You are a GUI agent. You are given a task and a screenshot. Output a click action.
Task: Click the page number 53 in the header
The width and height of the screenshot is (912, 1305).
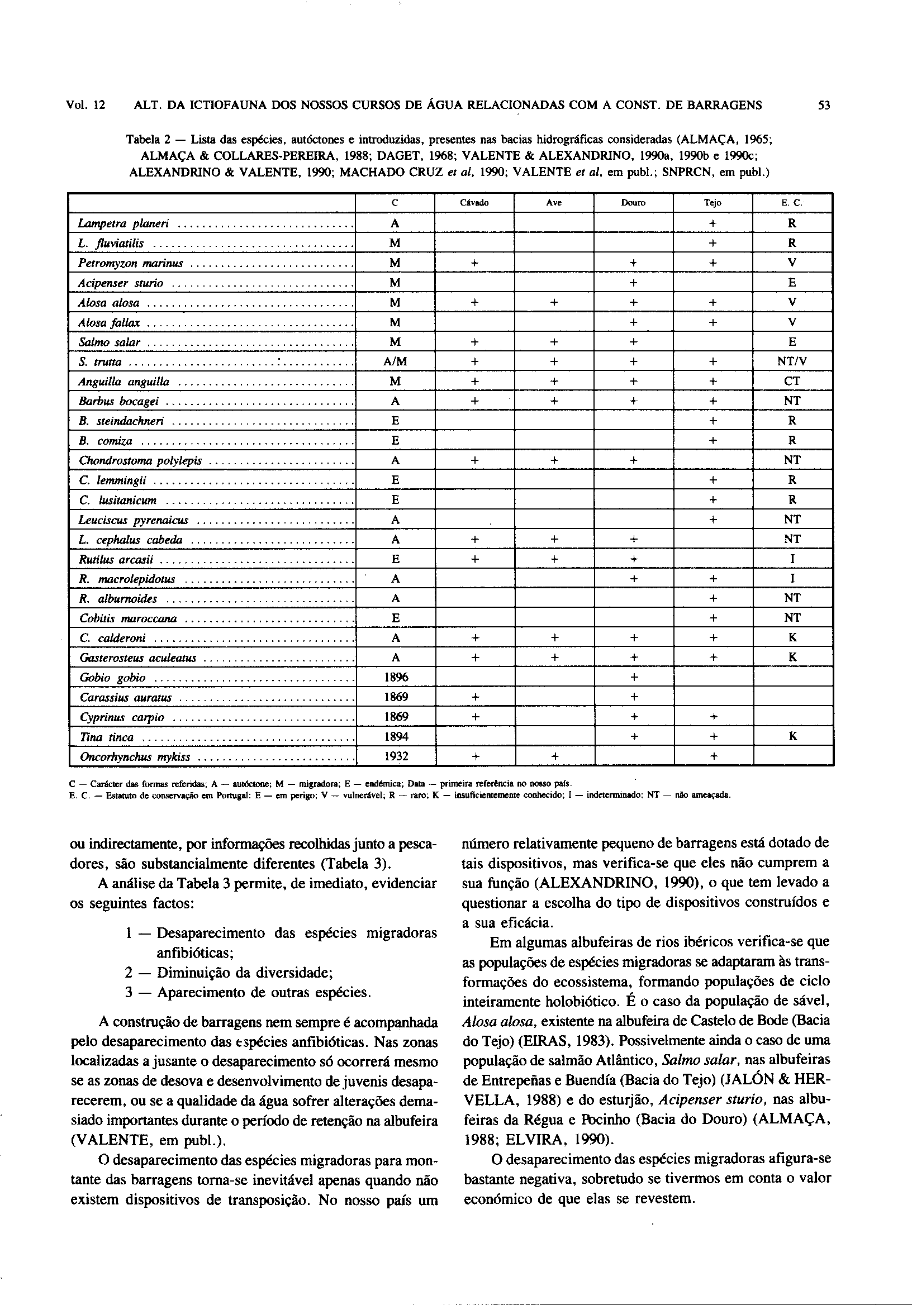click(824, 105)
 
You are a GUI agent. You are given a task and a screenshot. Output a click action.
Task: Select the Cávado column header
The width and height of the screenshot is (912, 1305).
click(474, 203)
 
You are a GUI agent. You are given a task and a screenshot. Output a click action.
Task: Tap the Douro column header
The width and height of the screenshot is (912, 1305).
click(633, 203)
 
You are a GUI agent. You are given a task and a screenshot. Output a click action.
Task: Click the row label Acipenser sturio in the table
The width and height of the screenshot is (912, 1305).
click(121, 283)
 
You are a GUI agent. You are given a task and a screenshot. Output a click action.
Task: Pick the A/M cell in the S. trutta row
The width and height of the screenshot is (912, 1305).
click(395, 362)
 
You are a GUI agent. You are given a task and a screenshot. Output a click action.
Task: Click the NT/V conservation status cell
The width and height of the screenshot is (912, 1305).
click(792, 362)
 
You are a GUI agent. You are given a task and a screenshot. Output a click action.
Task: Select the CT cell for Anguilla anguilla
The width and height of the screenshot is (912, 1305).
click(792, 382)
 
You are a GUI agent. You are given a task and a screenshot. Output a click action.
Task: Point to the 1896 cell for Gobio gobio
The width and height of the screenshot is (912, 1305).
click(395, 678)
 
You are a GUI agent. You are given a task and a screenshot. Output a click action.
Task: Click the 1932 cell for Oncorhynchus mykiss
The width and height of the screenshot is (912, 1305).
click(395, 756)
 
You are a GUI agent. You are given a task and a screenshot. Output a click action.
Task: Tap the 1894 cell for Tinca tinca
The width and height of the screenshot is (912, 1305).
click(395, 737)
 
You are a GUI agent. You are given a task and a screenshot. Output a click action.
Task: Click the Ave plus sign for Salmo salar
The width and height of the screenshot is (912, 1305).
click(554, 342)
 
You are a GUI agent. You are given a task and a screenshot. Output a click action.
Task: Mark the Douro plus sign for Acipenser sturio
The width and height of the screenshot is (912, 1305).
click(633, 283)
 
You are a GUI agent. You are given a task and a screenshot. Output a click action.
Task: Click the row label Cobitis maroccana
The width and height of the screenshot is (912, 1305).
click(128, 618)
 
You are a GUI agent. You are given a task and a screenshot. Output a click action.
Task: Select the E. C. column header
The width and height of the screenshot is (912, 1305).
click(792, 203)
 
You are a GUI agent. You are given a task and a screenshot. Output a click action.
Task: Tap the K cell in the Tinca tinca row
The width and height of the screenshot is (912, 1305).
click(792, 737)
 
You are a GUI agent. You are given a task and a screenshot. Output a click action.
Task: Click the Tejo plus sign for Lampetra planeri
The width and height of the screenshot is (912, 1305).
click(712, 224)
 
